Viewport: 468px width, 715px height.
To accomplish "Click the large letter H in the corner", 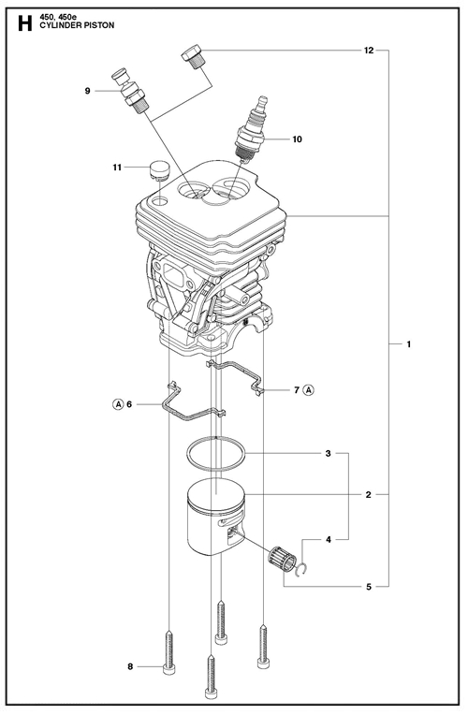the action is (x=25, y=23).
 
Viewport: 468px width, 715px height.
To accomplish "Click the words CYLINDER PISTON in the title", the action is (x=77, y=25).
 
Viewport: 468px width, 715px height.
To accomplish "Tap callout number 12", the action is (x=369, y=51).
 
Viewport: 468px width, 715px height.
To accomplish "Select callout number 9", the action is (x=88, y=91).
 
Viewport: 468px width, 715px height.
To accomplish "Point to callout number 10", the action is (x=297, y=139).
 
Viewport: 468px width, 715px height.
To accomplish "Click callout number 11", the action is (x=117, y=168).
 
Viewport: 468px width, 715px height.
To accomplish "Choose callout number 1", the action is (x=409, y=343).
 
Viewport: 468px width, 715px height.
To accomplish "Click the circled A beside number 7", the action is (x=309, y=390).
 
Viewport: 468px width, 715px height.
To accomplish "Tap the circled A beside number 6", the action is (x=118, y=404).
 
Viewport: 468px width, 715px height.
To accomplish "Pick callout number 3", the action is (x=328, y=454).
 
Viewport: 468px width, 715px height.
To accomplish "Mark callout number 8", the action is (x=130, y=666).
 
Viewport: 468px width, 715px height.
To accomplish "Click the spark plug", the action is (x=251, y=129).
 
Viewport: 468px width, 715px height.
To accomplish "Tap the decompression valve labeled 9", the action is (x=131, y=90).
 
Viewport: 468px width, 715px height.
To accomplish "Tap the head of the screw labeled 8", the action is (x=168, y=669).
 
